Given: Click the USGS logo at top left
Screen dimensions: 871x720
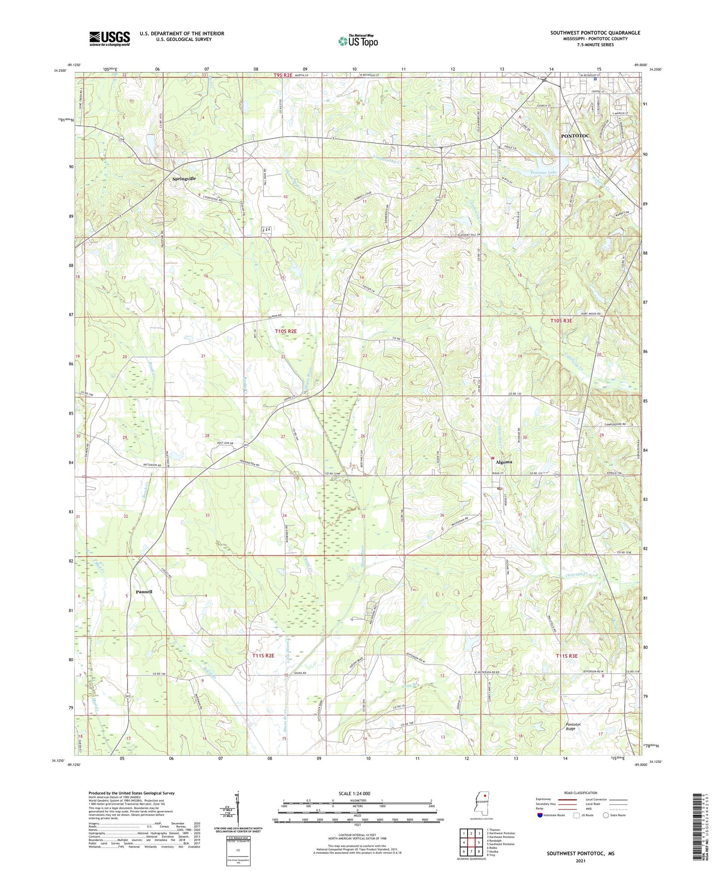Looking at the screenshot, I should (x=109, y=38).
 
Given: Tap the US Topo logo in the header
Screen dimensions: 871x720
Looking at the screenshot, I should (x=358, y=41).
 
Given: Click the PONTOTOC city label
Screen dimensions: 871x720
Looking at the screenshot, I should (x=575, y=136).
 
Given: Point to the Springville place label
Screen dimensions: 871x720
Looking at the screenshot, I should (x=184, y=178).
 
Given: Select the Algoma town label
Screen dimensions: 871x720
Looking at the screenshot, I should (x=504, y=462).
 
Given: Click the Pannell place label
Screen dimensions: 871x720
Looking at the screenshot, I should (x=144, y=591).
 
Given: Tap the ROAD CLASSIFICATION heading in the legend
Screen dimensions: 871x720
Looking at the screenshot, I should (x=581, y=793).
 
